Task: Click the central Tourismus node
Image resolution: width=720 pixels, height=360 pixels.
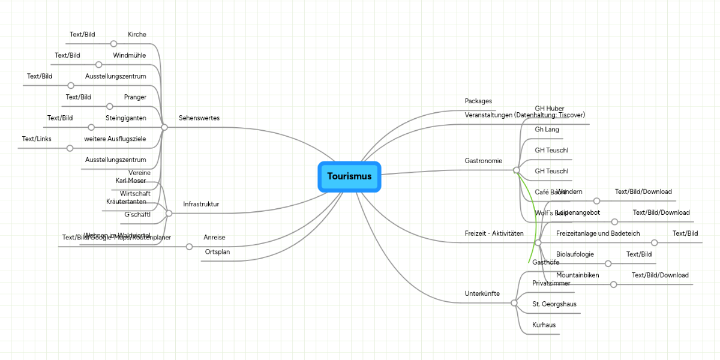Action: coord(349,176)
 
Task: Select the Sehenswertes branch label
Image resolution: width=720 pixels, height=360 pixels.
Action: coord(199,118)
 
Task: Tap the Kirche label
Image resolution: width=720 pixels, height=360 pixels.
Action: coord(137,35)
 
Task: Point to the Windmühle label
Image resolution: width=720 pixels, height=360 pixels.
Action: coord(130,56)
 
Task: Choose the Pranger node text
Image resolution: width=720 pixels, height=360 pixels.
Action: coord(135,97)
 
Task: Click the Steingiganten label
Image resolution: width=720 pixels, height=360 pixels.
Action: coord(126,118)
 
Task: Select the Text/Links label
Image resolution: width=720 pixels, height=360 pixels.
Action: coord(37,139)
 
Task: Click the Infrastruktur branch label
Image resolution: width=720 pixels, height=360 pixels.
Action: coord(201,205)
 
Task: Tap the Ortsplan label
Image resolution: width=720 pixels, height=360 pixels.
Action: coord(217,252)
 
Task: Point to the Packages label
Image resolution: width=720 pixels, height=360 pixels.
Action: coord(478,101)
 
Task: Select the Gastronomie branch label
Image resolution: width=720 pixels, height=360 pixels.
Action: coord(484,161)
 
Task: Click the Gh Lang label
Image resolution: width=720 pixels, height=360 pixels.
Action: coord(547,130)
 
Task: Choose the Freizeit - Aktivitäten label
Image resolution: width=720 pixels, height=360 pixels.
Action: coord(494,233)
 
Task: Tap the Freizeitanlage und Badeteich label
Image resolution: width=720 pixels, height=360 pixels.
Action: coord(598,233)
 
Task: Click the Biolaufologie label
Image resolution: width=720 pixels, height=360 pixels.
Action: coord(575,254)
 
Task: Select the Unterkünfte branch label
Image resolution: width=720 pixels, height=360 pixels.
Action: coord(482,294)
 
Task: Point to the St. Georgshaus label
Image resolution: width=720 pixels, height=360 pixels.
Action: coord(554,304)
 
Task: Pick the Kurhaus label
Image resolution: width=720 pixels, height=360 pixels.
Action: coord(544,325)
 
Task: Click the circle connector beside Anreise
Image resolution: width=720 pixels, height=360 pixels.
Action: coord(190,247)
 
